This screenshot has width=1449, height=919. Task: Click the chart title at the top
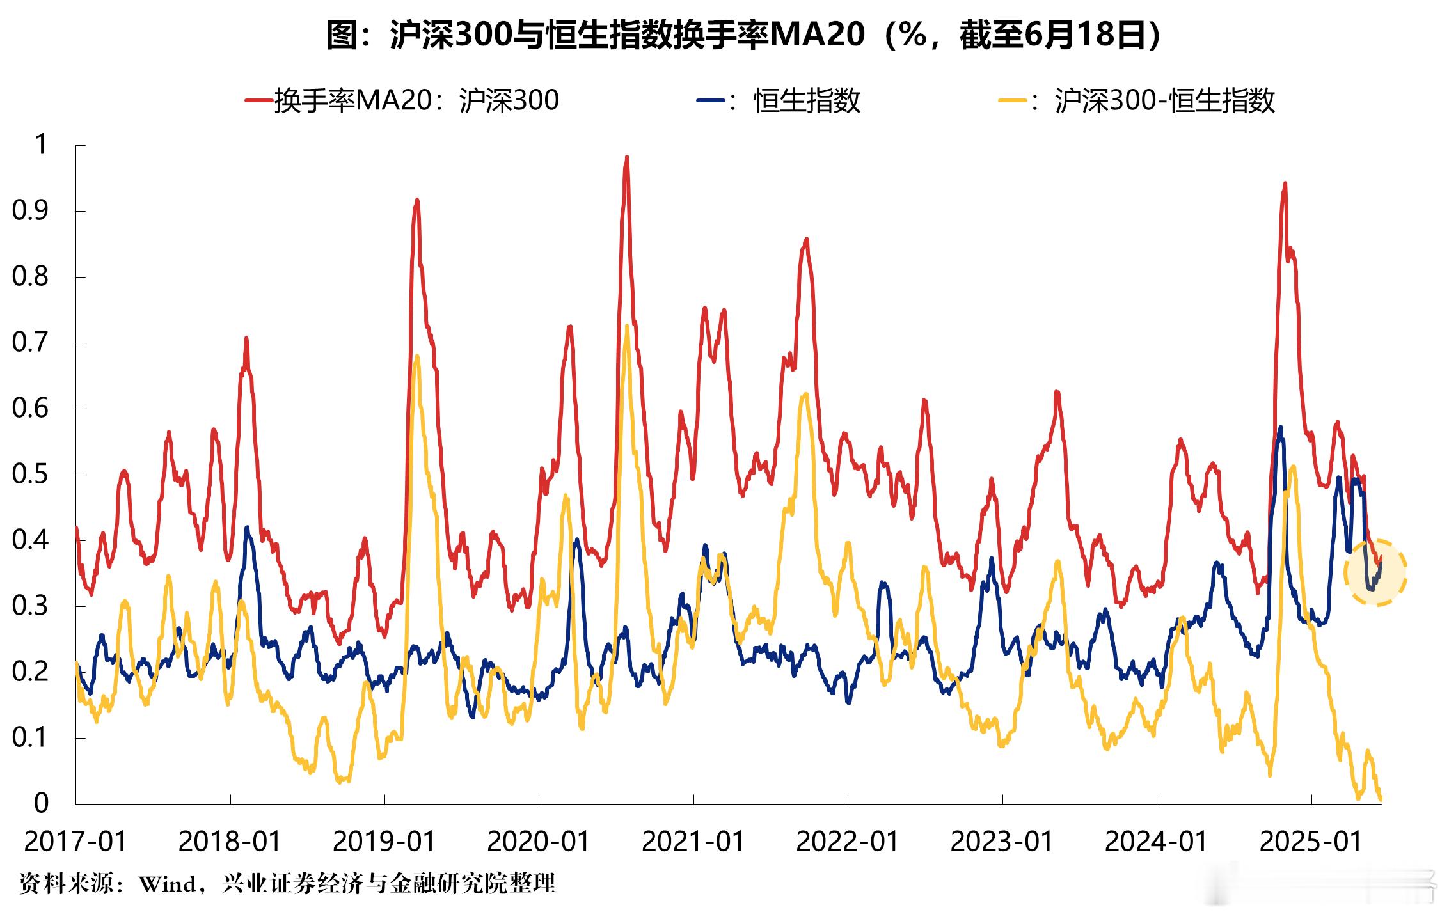pos(742,35)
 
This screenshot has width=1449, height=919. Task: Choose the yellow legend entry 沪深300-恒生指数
pos(1137,100)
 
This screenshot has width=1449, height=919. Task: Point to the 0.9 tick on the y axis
pos(31,210)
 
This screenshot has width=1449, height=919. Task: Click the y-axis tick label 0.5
pos(31,474)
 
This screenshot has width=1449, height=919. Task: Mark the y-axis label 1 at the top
pos(41,145)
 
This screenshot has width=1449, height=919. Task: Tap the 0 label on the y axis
pos(41,803)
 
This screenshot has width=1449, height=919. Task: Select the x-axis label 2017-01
pos(75,842)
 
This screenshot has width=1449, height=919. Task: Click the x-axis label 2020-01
pos(539,842)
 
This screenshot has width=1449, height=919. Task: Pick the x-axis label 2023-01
pos(1002,842)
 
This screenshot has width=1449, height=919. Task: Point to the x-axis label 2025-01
pos(1311,842)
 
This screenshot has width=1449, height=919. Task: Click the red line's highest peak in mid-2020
pos(627,157)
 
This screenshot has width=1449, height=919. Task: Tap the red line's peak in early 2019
pos(417,200)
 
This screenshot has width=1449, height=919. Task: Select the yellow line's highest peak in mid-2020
pos(627,326)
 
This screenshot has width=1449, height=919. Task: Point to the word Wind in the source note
pos(168,884)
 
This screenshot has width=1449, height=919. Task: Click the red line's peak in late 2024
pos(1285,184)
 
